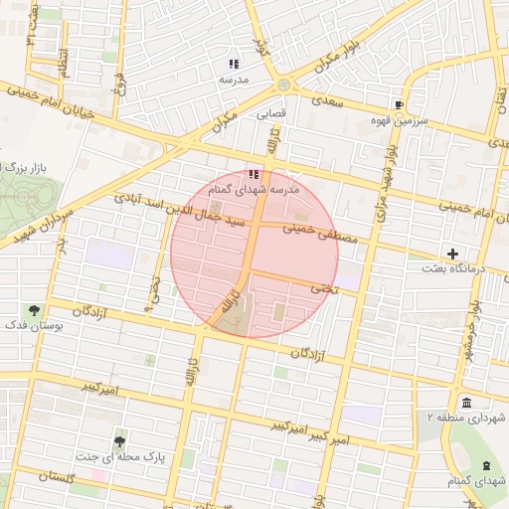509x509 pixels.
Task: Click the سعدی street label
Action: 326,101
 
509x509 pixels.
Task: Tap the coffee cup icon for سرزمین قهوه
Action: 399,104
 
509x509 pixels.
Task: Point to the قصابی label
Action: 271,113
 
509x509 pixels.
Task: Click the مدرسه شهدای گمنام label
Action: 248,188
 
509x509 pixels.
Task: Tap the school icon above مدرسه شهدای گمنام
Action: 252,174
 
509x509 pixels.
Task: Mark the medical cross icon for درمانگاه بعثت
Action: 453,254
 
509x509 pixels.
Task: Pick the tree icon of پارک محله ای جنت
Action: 119,441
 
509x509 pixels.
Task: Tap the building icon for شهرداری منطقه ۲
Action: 466,402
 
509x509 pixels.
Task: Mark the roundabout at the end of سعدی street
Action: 286,85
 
